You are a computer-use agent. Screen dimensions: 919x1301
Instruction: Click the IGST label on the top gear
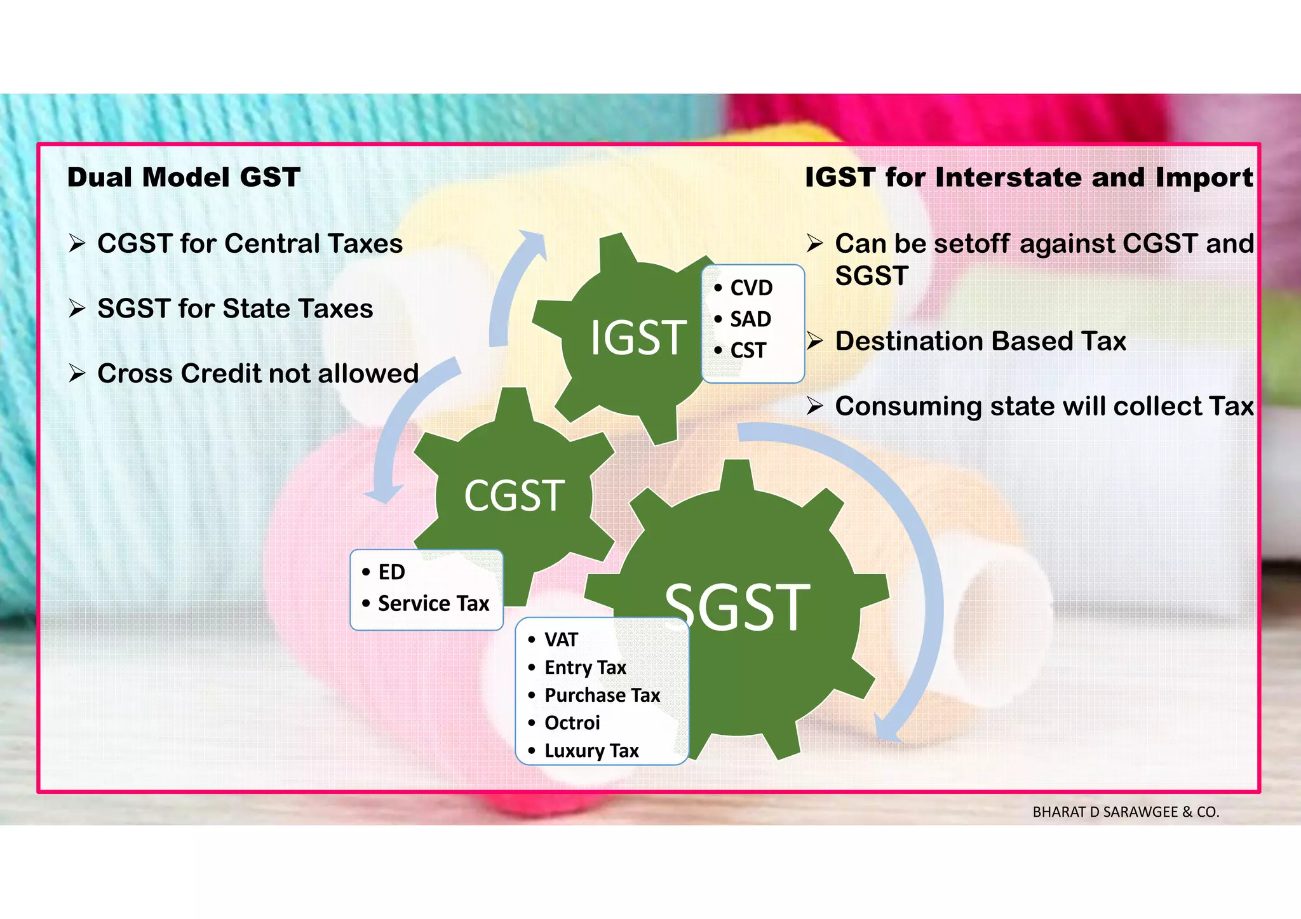[638, 338]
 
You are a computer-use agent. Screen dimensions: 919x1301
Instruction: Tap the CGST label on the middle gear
[514, 496]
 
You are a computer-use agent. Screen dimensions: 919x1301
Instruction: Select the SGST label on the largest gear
[737, 608]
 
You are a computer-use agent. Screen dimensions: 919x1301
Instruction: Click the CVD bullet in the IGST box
[751, 288]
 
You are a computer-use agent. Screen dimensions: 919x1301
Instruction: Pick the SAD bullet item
[750, 319]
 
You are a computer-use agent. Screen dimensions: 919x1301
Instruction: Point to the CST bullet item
[748, 350]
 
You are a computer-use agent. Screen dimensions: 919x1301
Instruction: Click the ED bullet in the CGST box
[391, 572]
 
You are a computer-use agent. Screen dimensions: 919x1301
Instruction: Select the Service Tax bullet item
[433, 603]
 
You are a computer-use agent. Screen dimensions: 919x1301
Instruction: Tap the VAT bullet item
[561, 640]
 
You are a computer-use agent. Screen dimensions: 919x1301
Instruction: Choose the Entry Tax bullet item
[585, 667]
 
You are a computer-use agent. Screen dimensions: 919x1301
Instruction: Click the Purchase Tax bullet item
[602, 695]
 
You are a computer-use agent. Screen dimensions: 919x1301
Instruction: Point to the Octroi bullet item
[572, 723]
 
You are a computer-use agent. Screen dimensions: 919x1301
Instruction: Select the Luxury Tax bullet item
[591, 751]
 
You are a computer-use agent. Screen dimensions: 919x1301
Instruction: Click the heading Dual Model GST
[184, 177]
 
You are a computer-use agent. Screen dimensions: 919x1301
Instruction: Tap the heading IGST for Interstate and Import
[1029, 177]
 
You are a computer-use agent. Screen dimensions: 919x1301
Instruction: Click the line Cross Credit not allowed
[257, 373]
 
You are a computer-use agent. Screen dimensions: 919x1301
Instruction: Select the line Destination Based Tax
[980, 341]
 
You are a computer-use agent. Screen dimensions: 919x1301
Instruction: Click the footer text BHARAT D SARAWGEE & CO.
[1126, 812]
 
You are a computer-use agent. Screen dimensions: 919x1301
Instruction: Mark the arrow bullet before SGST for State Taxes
[77, 309]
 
